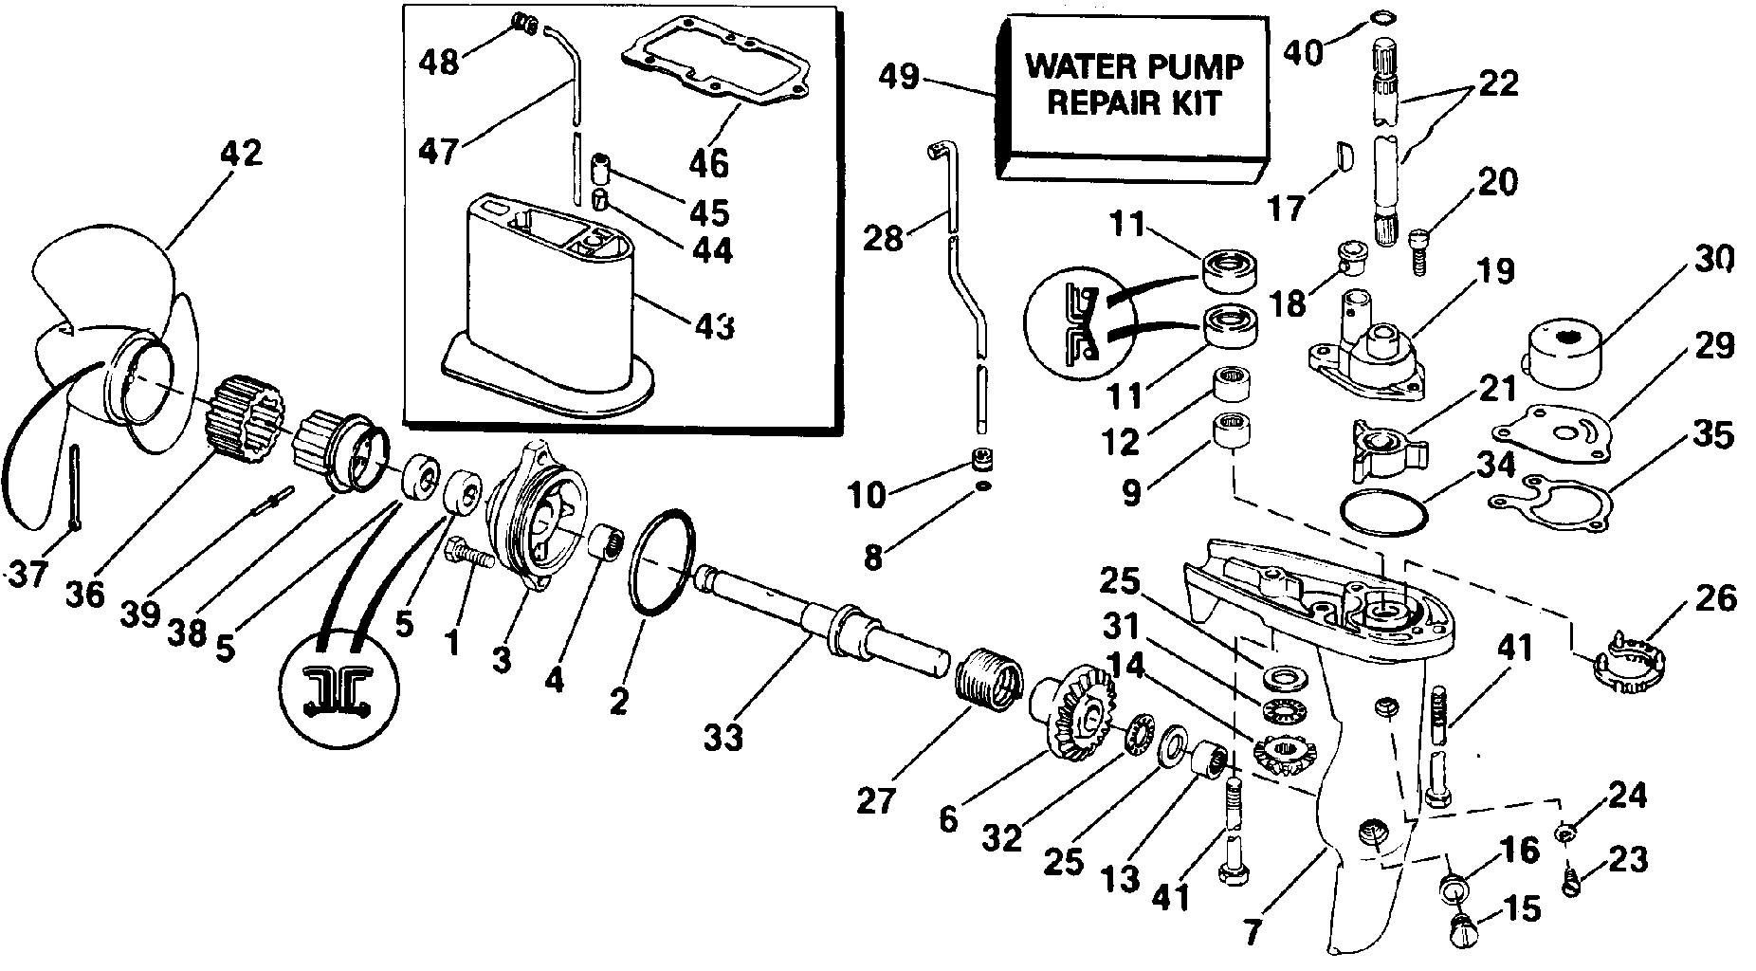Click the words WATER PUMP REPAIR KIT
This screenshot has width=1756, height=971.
click(1134, 83)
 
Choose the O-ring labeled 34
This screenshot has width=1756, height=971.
click(1384, 515)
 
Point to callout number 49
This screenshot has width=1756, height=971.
click(898, 76)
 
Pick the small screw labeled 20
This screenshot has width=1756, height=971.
click(1418, 248)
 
